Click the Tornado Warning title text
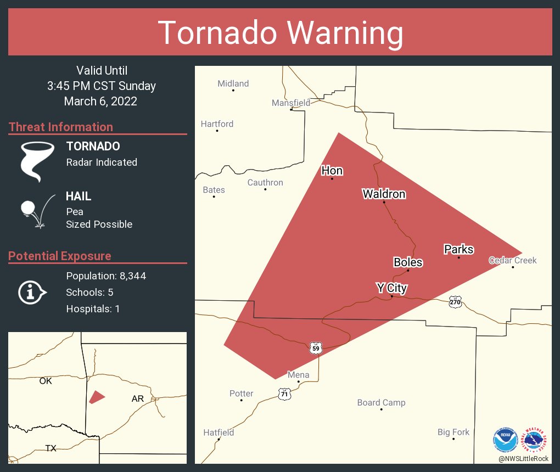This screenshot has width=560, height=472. click(x=280, y=33)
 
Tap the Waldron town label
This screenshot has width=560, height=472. click(x=384, y=194)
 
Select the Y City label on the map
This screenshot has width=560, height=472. click(x=391, y=288)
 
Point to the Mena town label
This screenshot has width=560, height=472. click(x=299, y=375)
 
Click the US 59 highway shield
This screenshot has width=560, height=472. click(x=315, y=348)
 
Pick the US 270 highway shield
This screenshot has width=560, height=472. click(x=455, y=302)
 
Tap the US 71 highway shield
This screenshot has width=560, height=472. click(x=284, y=394)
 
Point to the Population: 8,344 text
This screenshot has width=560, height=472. click(x=106, y=276)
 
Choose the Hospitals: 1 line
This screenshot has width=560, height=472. click(x=93, y=308)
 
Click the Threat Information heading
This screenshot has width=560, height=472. click(x=61, y=127)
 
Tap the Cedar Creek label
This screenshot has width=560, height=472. click(x=513, y=260)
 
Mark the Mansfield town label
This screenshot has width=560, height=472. click(x=291, y=103)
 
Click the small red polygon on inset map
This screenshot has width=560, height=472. click(x=97, y=397)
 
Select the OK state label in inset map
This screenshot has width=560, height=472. click(x=46, y=380)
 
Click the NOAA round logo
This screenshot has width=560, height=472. click(x=506, y=439)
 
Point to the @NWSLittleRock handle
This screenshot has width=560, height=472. click(x=523, y=458)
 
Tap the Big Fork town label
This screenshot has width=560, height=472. click(x=453, y=432)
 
